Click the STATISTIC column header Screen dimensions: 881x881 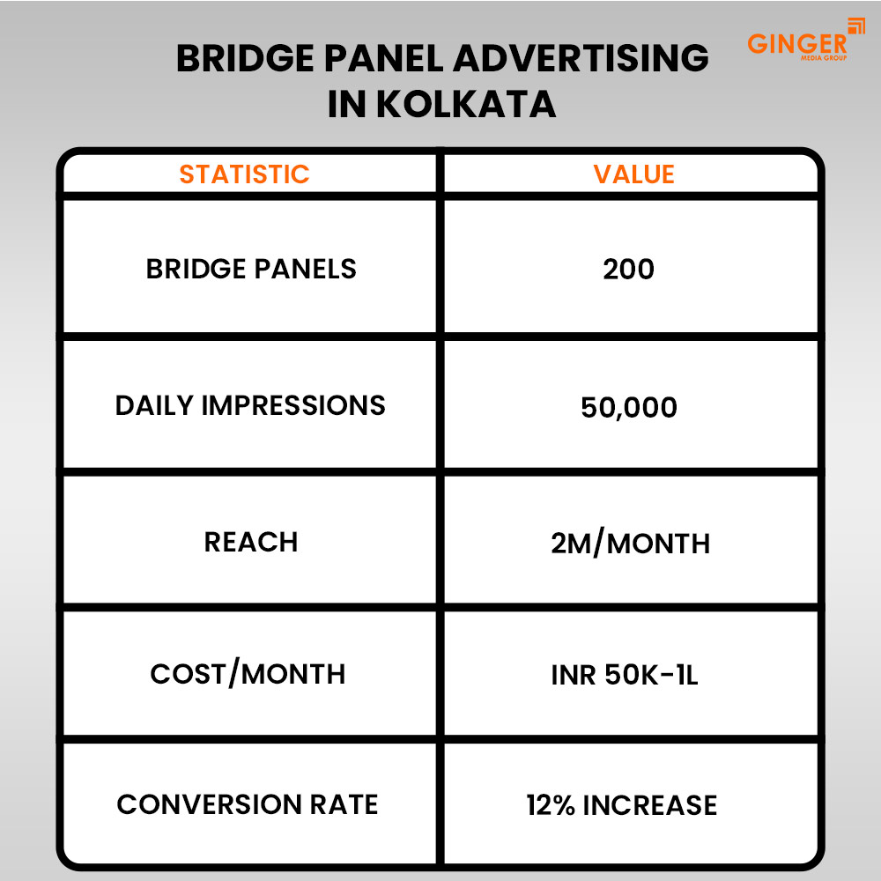pyautogui.click(x=245, y=174)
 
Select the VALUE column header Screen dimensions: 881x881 pyautogui.click(x=633, y=174)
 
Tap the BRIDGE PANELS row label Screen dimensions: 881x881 pyautogui.click(x=251, y=269)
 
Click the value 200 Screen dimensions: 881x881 pyautogui.click(x=629, y=270)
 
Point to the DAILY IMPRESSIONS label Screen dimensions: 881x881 pyautogui.click(x=250, y=405)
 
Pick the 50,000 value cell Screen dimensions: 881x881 pyautogui.click(x=629, y=407)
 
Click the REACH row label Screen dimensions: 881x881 pyautogui.click(x=251, y=542)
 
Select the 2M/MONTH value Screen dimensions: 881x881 pyautogui.click(x=630, y=544)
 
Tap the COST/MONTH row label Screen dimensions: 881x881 pyautogui.click(x=248, y=674)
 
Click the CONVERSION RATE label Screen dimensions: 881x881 pyautogui.click(x=248, y=804)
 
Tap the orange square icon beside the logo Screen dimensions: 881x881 pyautogui.click(x=855, y=26)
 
